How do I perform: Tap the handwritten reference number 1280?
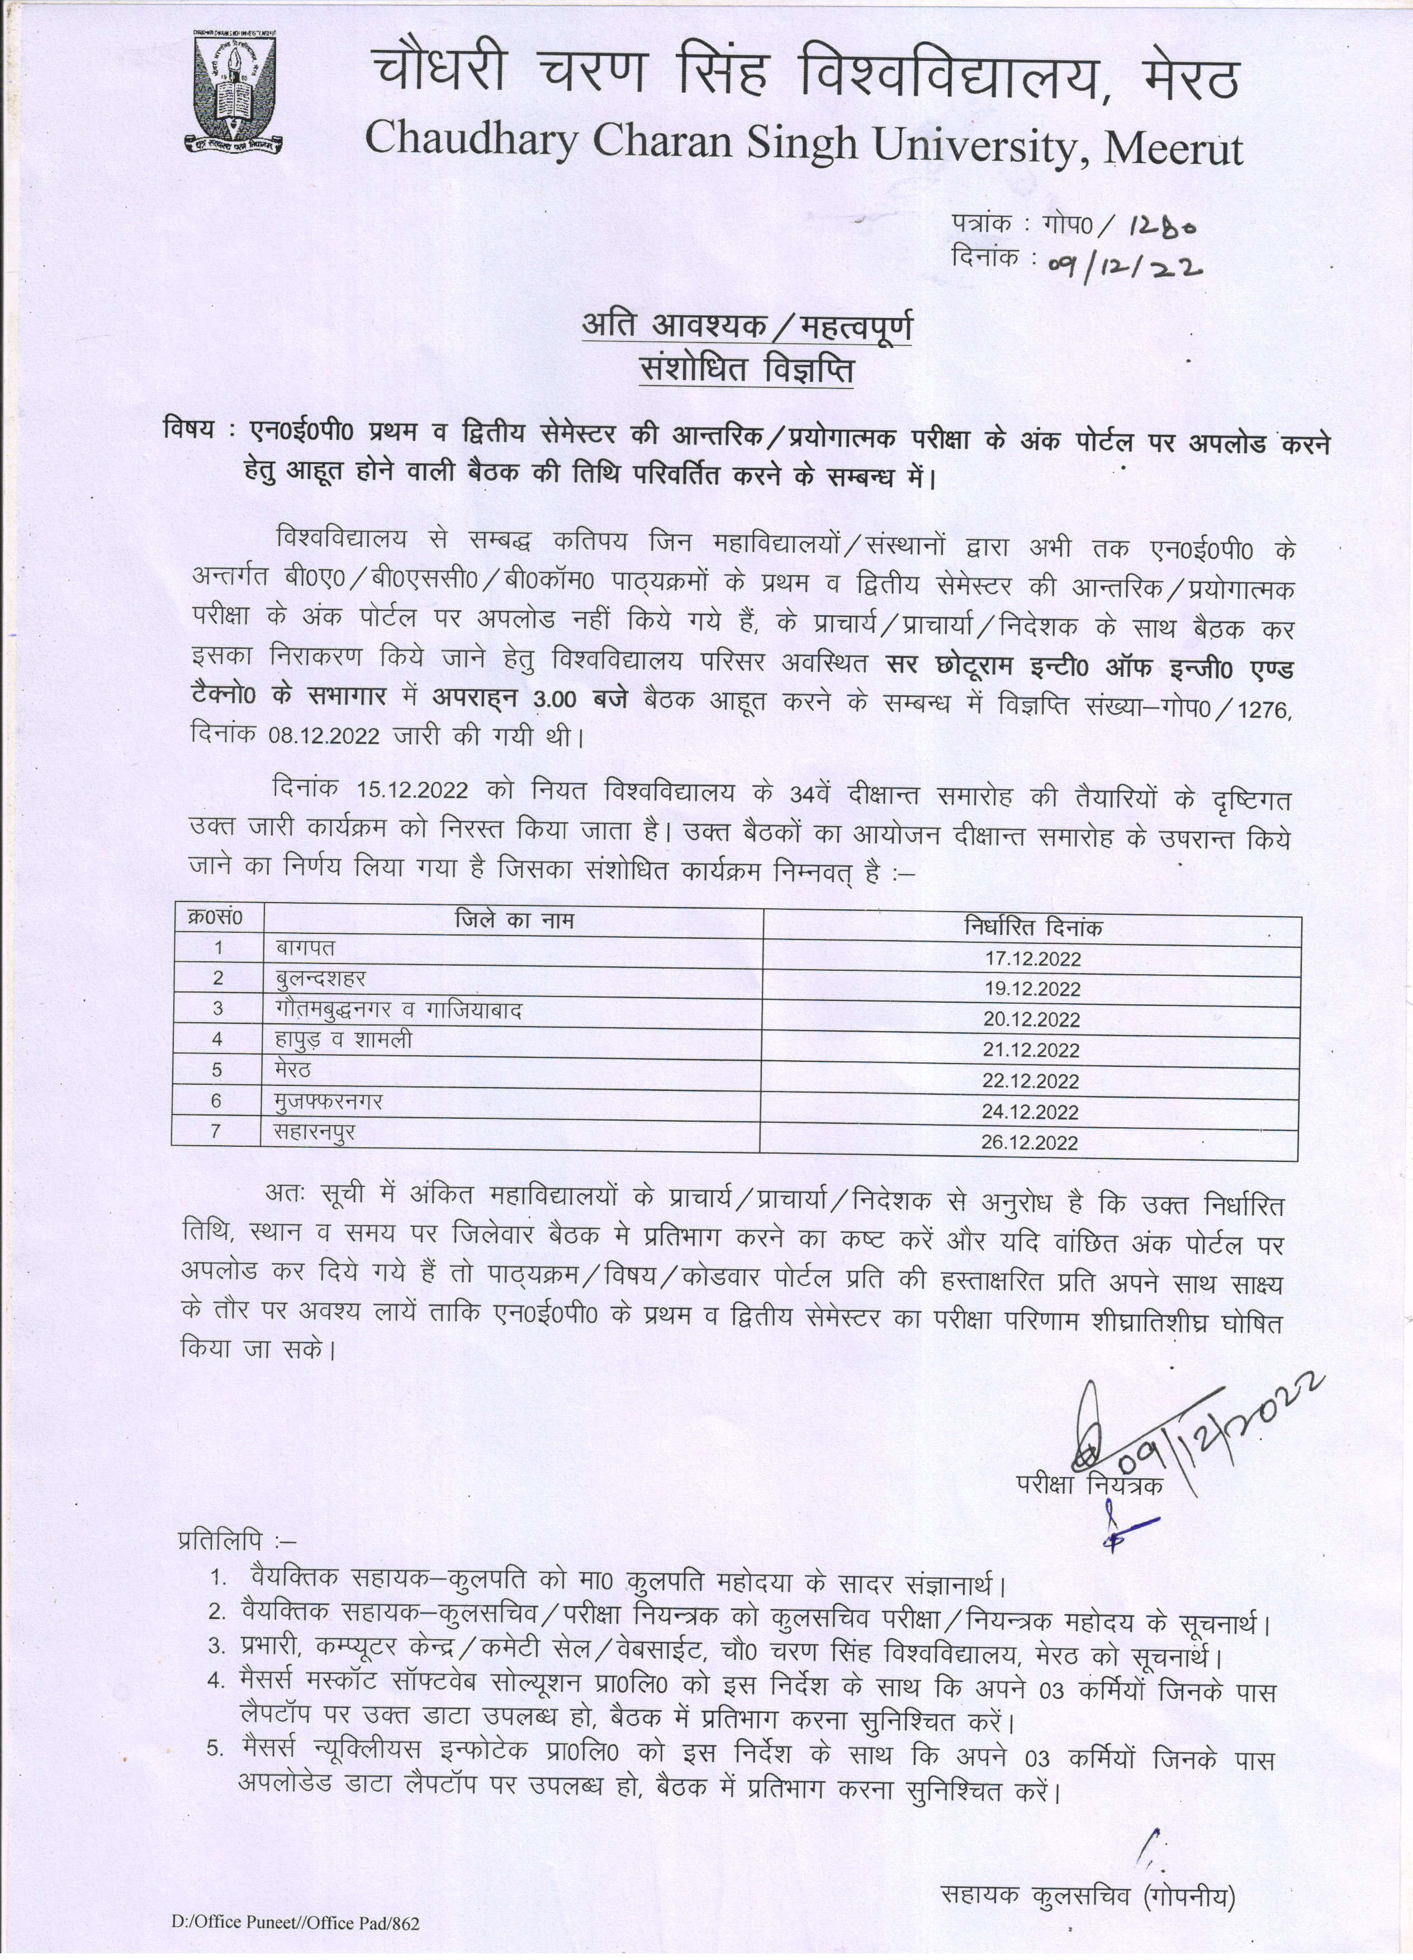[1161, 226]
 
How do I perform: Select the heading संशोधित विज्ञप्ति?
[746, 370]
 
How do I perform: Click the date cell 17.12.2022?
[1033, 958]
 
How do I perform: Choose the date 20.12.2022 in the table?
[1031, 1020]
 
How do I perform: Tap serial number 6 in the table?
[217, 1100]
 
